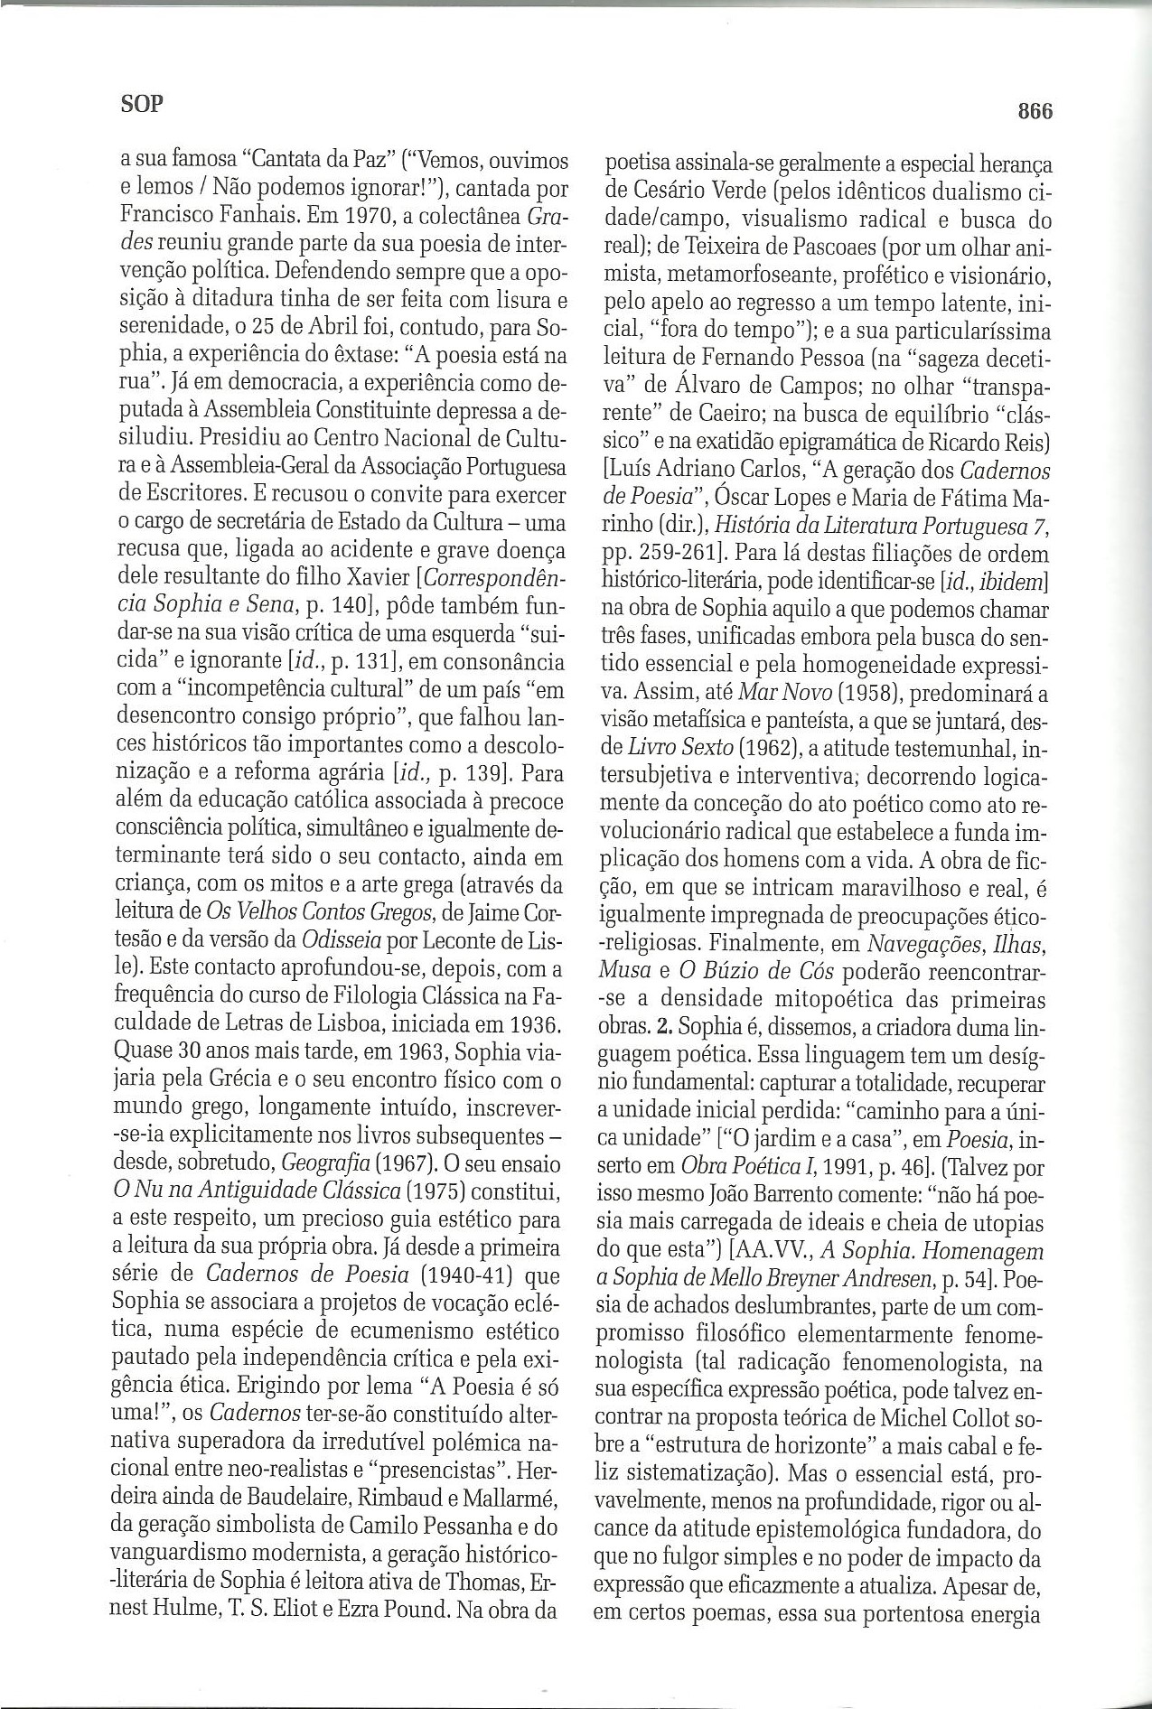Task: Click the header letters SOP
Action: pos(141,104)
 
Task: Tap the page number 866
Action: pos(1035,111)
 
